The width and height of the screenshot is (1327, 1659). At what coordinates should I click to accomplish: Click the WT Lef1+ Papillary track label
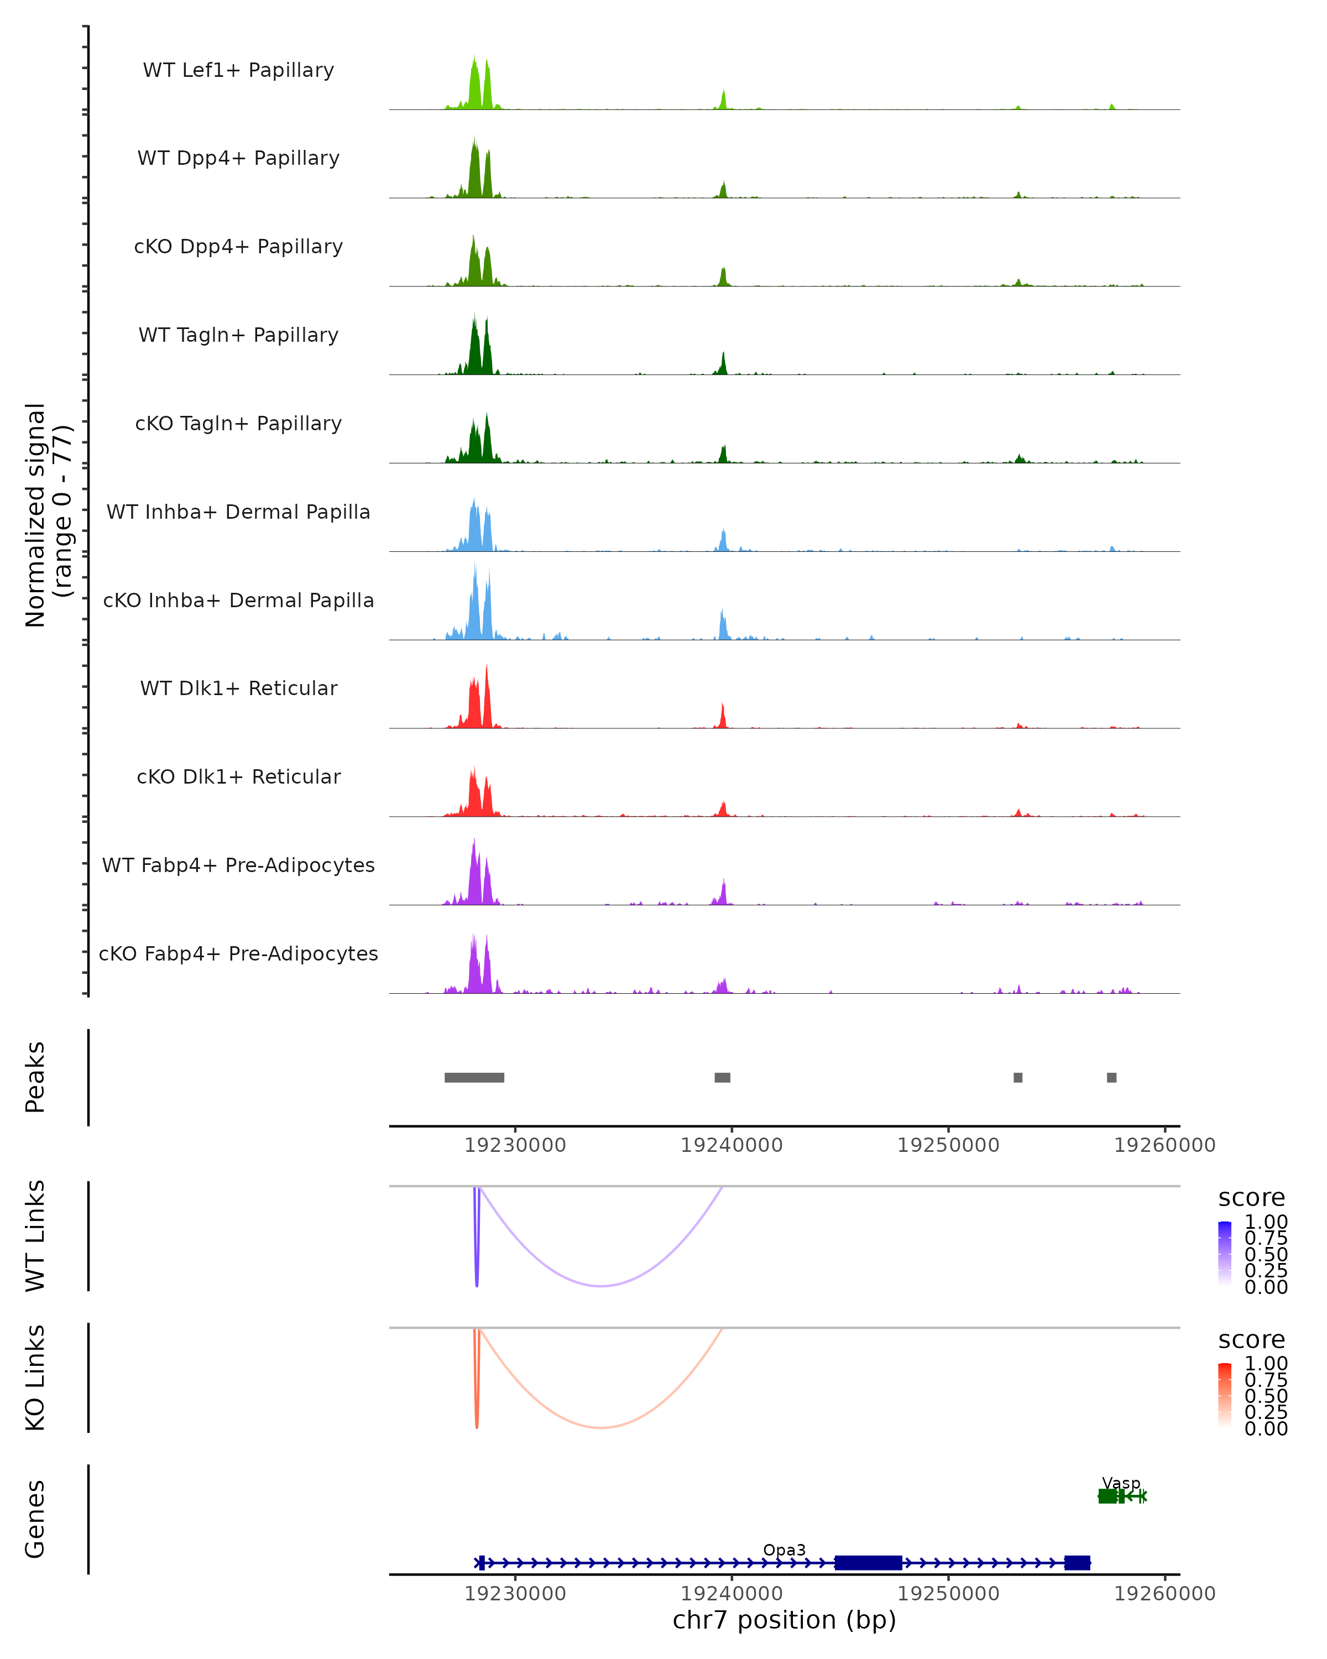238,70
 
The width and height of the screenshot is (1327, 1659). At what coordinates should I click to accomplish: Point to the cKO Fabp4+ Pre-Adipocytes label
238,953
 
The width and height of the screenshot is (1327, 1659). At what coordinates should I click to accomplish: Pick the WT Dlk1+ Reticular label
238,688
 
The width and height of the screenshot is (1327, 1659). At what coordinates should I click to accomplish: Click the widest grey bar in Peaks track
474,1077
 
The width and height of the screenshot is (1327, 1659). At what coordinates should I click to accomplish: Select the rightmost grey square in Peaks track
1111,1077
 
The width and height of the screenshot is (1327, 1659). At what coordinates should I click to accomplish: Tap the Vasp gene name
1121,1483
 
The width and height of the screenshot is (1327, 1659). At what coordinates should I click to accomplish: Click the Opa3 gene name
784,1550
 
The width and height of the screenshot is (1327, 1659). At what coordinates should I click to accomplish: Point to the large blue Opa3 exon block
869,1563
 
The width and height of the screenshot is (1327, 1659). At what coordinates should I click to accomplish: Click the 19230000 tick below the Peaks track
515,1145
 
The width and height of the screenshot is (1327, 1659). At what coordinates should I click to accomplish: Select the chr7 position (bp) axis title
784,1620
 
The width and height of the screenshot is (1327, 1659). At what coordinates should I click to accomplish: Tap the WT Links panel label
35,1236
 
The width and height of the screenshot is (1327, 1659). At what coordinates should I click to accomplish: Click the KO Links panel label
35,1378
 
